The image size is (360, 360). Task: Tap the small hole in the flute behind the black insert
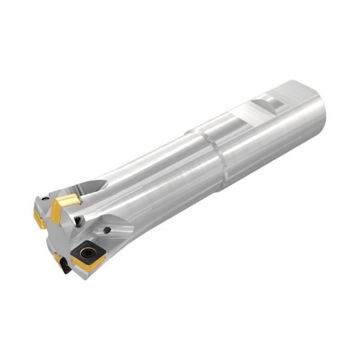click(x=107, y=231)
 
